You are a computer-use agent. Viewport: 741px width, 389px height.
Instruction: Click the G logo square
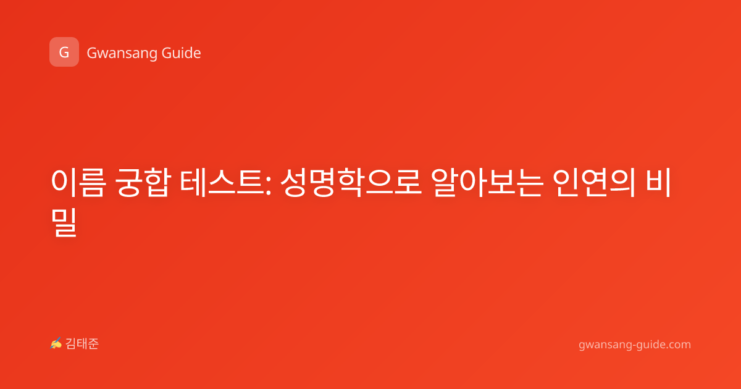click(64, 52)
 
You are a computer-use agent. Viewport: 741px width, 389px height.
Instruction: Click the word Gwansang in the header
click(122, 54)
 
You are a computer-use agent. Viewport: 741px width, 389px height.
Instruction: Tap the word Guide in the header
click(182, 53)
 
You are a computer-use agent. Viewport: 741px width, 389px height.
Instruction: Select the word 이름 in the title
click(78, 183)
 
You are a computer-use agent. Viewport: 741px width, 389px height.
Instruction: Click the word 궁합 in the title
click(143, 183)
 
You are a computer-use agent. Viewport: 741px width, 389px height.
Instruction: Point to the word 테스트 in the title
click(222, 183)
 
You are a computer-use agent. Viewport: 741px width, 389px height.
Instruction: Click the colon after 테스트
click(268, 187)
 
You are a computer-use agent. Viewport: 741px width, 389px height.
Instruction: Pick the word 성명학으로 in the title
click(351, 183)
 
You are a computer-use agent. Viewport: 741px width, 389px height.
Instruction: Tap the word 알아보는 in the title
click(487, 183)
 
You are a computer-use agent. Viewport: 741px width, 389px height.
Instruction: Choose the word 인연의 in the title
click(595, 183)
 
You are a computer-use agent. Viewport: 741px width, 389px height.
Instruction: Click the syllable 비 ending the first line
click(659, 182)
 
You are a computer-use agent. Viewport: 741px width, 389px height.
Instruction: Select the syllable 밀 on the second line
click(64, 223)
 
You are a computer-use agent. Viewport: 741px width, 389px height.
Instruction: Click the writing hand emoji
click(56, 343)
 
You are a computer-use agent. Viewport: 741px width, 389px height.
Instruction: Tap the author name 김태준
click(82, 344)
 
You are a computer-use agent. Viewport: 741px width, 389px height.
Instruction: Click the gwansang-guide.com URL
click(635, 345)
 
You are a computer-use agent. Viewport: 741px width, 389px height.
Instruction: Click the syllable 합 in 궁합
click(157, 183)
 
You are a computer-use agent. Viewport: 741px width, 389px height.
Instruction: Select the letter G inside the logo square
click(64, 52)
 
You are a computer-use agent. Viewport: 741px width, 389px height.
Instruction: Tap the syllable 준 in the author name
click(93, 344)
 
